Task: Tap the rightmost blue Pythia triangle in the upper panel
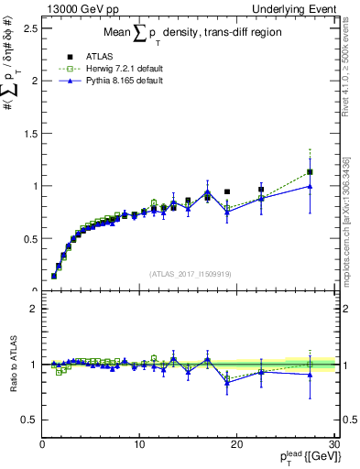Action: (x=310, y=186)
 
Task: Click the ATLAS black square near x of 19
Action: (x=227, y=192)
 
